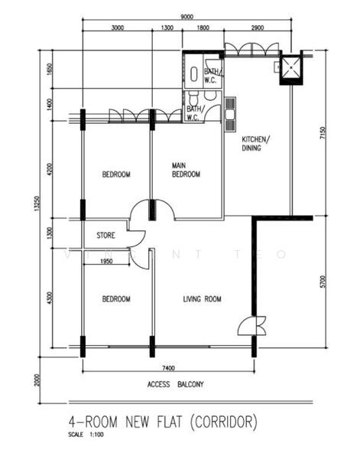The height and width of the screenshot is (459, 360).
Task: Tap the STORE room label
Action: (105, 235)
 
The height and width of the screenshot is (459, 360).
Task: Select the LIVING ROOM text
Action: (202, 299)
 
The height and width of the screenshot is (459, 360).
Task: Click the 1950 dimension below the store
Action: (106, 262)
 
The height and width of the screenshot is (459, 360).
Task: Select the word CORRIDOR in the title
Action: (224, 422)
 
